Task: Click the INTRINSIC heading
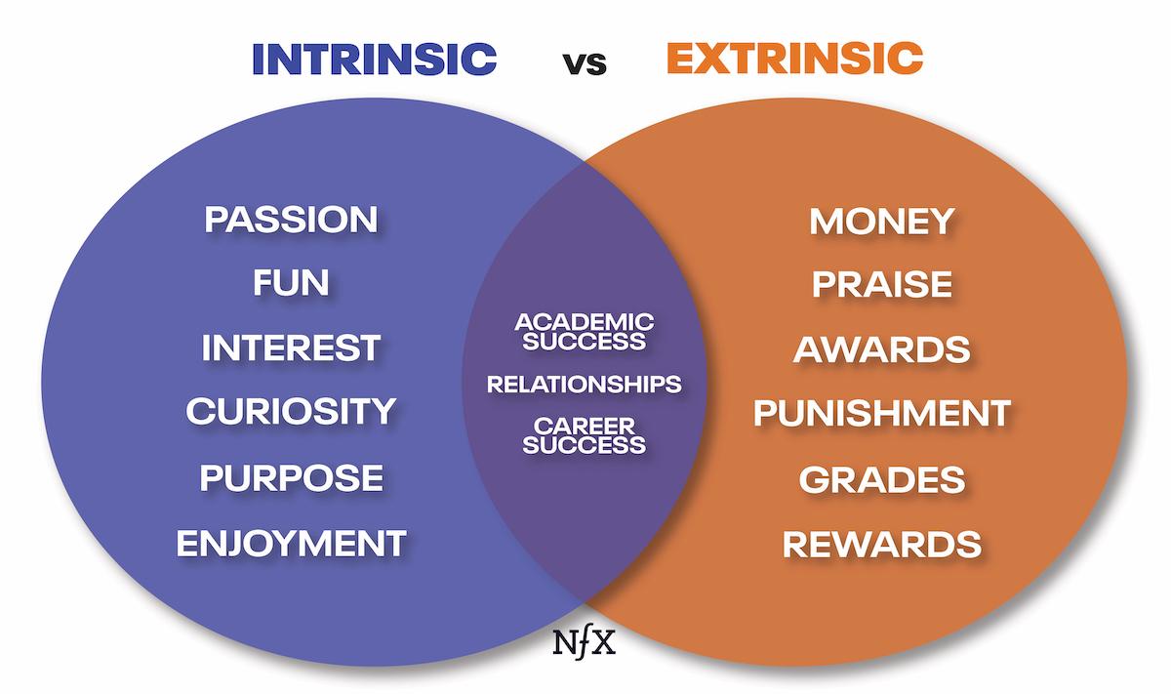point(374,59)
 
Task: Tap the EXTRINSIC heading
point(793,59)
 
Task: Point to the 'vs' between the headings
point(584,63)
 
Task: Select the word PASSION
point(291,220)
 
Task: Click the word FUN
point(291,284)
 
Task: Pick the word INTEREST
point(291,348)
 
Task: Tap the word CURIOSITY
point(291,412)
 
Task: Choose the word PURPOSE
point(291,478)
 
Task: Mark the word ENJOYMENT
point(291,543)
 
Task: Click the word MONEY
point(881,222)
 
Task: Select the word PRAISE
point(881,285)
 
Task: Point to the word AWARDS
point(881,349)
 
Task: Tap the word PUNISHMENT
point(881,414)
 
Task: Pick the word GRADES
point(881,479)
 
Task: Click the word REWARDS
point(881,544)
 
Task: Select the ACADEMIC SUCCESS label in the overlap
point(584,331)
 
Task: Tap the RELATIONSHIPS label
point(584,384)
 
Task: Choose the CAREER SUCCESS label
point(584,435)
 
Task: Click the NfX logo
point(584,644)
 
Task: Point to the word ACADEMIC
point(584,321)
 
